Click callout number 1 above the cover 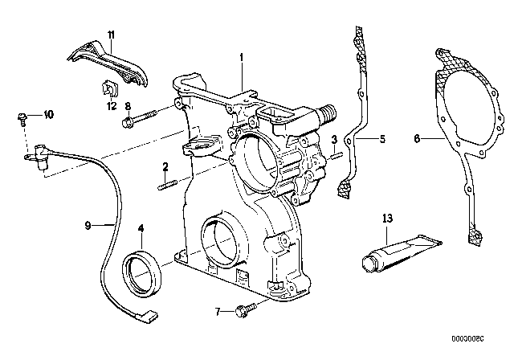point(240,57)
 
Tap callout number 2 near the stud point(165,167)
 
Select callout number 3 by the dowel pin point(332,141)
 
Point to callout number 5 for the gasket point(381,139)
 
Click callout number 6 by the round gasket point(417,139)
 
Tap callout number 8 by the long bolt point(128,107)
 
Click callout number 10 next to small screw point(48,116)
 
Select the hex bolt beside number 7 point(244,309)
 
